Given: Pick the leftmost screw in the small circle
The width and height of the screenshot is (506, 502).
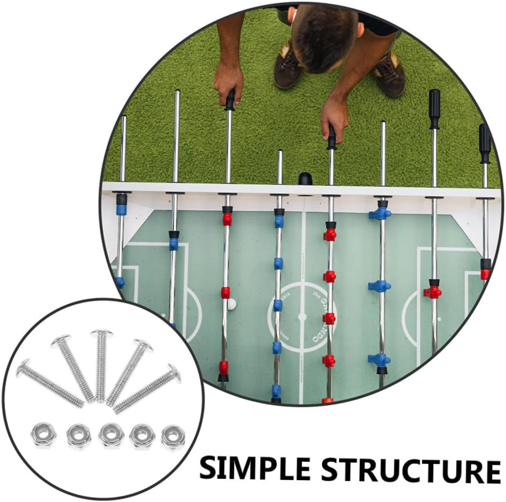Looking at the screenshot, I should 49,381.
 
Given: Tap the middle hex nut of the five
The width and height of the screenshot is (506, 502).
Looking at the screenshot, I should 109,434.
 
